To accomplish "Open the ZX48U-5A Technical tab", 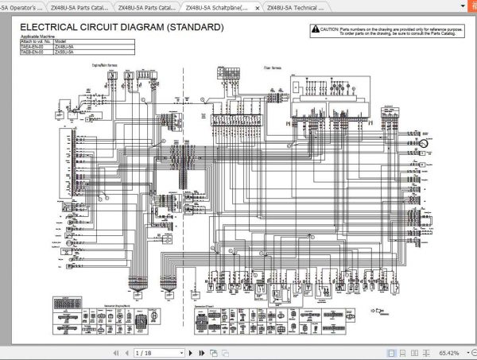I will click(x=294, y=8).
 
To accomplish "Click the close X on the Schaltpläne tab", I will click(x=257, y=8).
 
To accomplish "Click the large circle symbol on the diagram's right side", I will click(x=424, y=143).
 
